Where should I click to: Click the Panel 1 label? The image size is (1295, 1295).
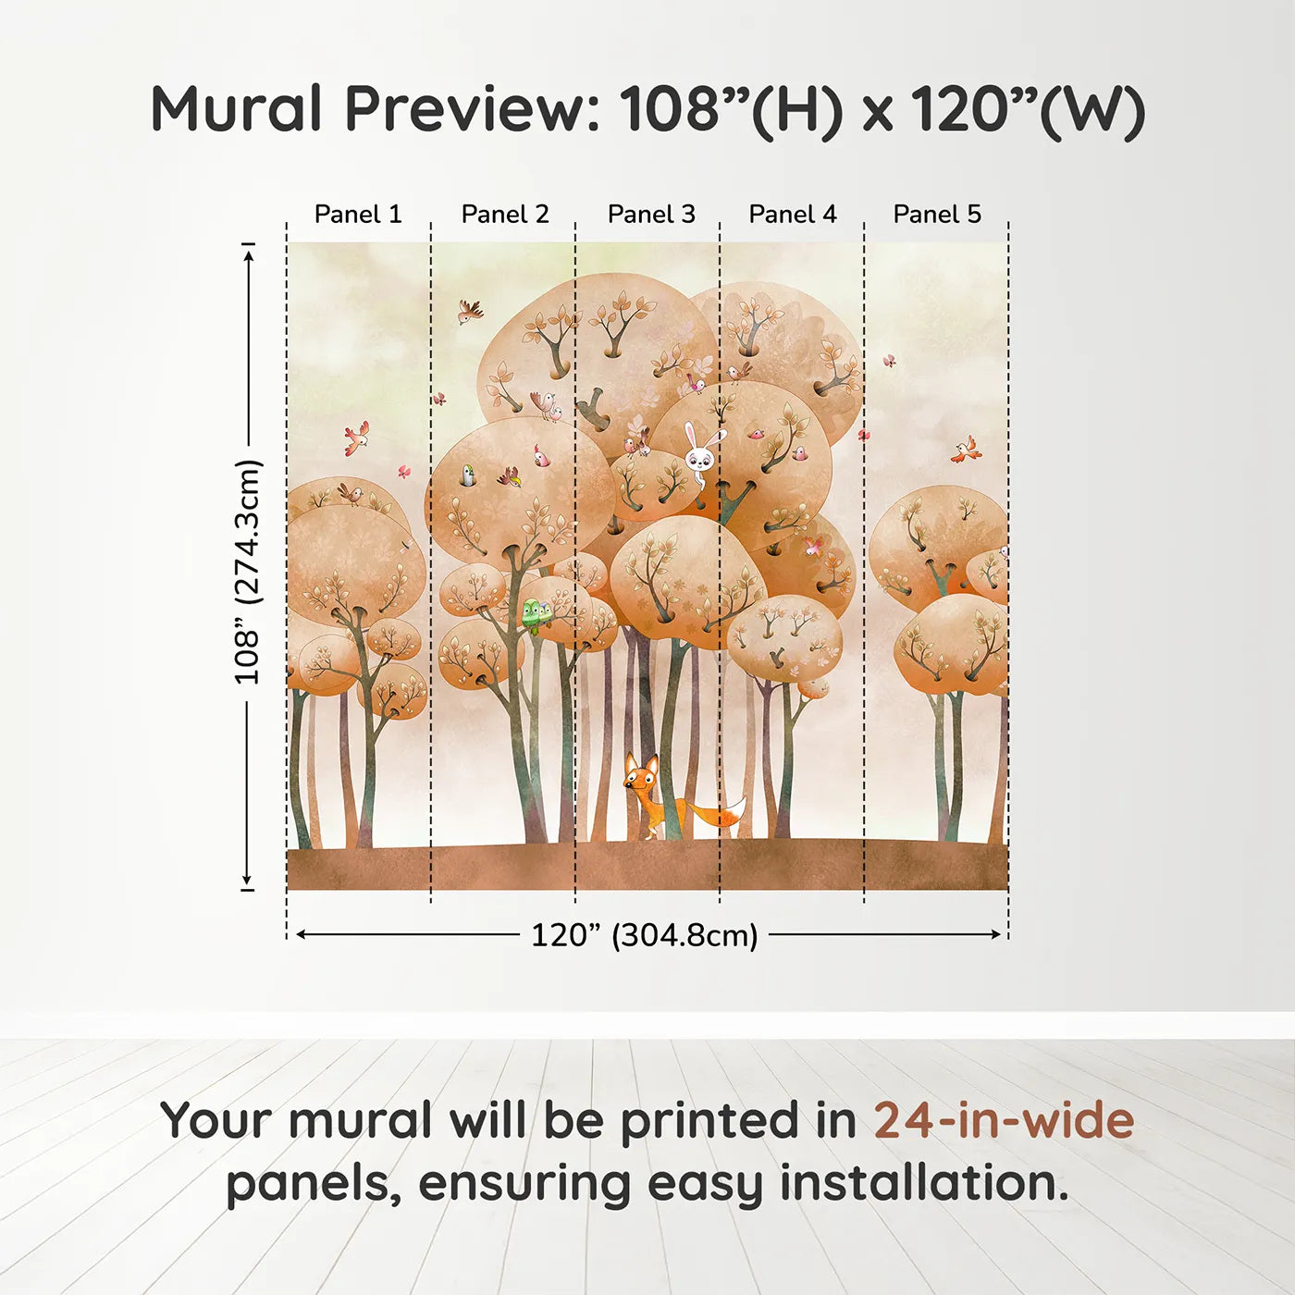coord(358,215)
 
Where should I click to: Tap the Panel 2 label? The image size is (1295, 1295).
coord(505,215)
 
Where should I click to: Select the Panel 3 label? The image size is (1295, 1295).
coord(651,215)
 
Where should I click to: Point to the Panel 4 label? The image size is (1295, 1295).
coord(793,215)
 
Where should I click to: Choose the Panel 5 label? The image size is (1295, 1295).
coord(937,215)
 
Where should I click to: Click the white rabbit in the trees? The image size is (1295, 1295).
coord(700,453)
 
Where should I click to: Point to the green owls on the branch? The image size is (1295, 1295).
coord(536,612)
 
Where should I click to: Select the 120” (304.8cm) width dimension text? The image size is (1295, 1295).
coord(645,935)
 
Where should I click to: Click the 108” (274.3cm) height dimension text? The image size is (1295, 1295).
coord(248,572)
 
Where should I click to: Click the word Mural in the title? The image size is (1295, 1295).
coord(237,109)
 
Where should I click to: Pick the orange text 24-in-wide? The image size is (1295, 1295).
coord(1004,1121)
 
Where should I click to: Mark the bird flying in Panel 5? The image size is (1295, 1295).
coord(965,450)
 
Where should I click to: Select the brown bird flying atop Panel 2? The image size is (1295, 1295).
coord(470,311)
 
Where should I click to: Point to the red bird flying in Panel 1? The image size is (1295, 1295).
coord(356,438)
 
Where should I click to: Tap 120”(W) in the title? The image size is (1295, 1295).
coord(1028,109)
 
